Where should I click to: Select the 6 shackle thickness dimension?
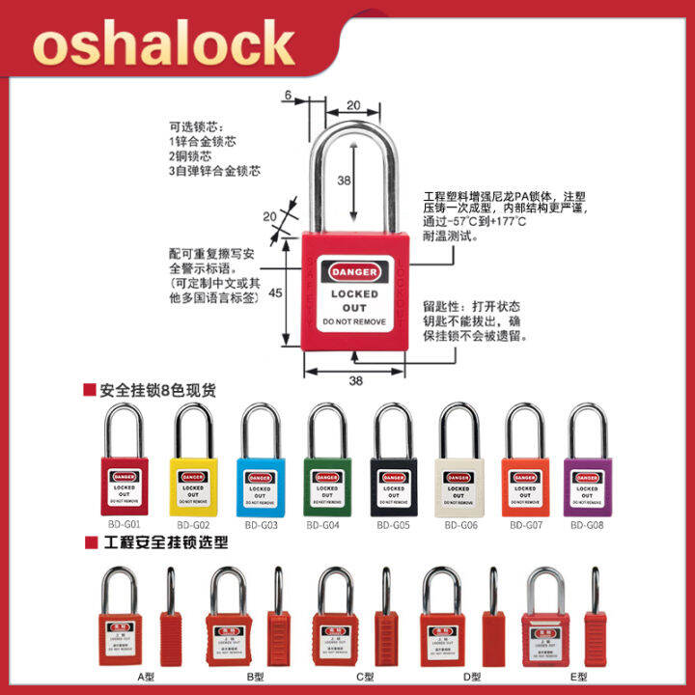coord(287,95)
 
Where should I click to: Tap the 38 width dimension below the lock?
coord(355,380)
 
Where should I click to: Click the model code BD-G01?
coord(126,525)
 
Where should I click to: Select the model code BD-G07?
coord(525,526)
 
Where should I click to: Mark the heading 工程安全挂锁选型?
coord(165,542)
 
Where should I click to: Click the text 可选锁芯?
coord(196,125)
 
